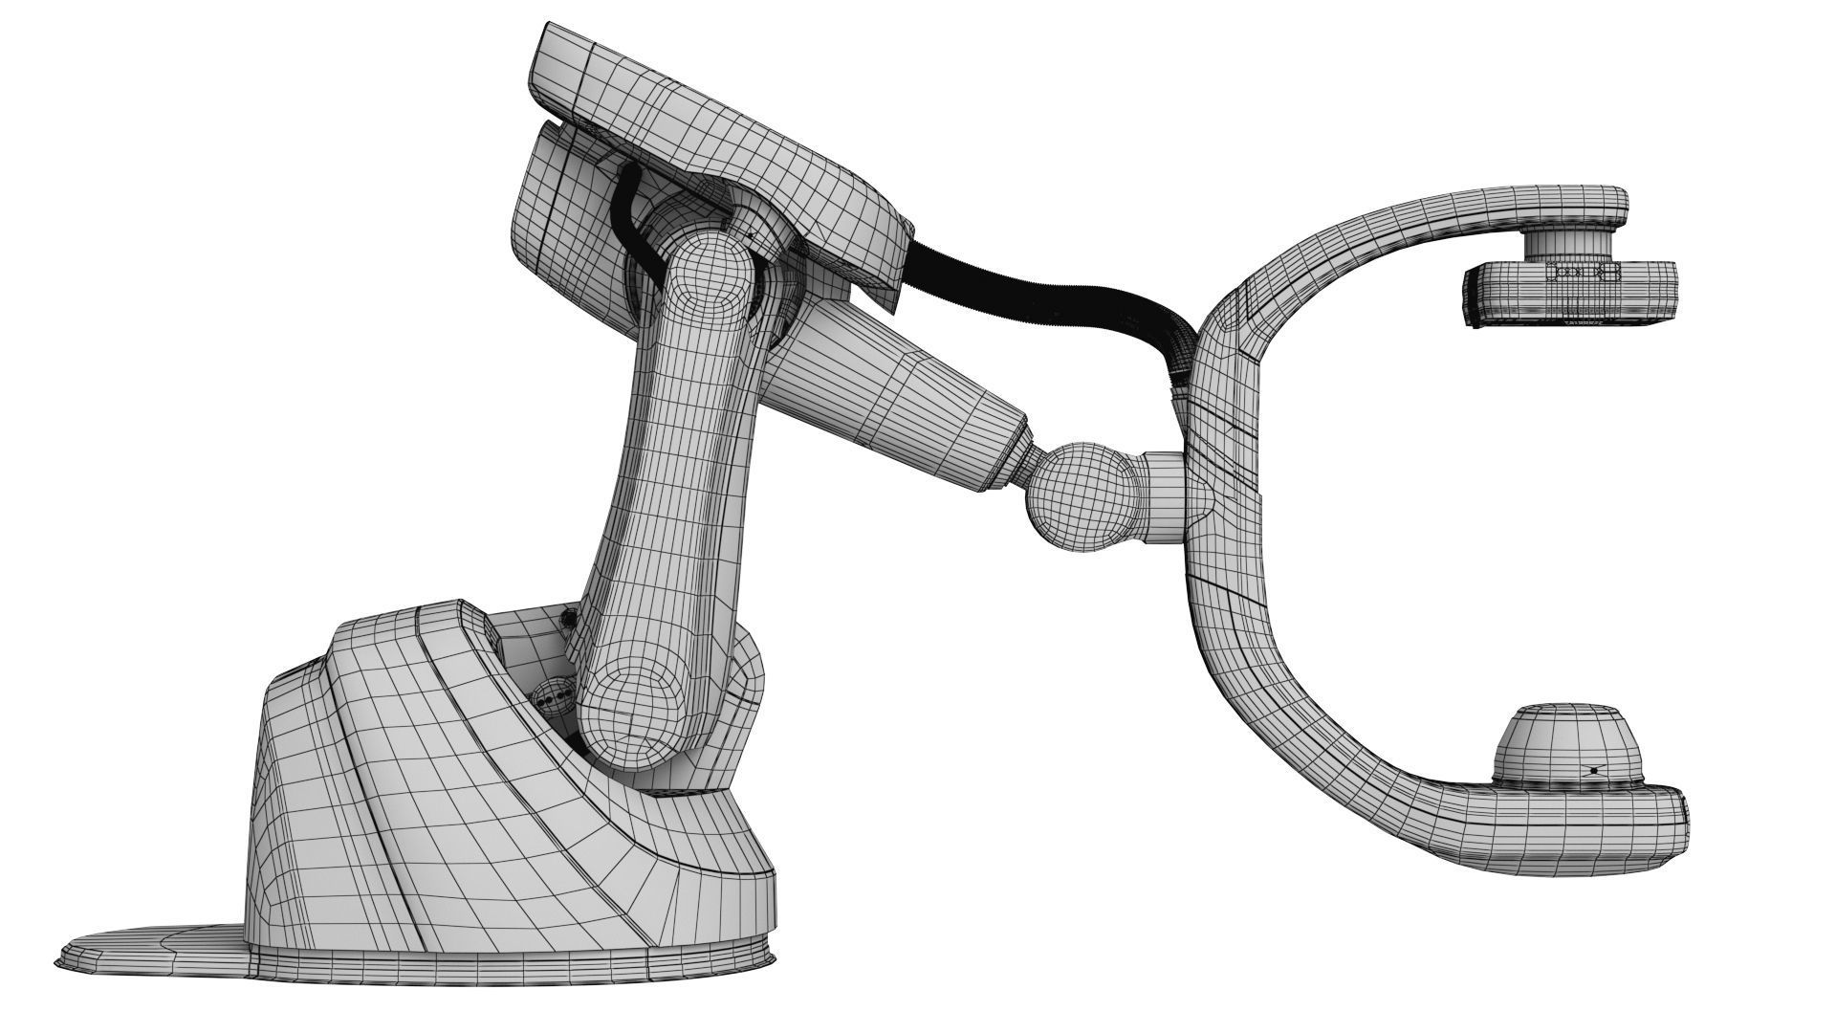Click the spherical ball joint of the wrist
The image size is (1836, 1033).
1079,497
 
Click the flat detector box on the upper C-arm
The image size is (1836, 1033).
1568,296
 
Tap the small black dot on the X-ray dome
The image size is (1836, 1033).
1594,770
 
